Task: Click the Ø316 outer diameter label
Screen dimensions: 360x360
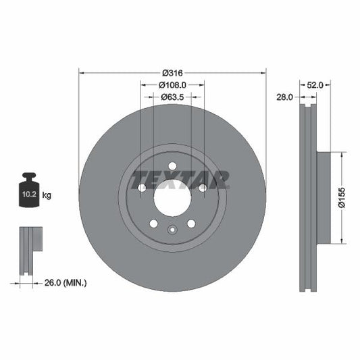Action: (172, 73)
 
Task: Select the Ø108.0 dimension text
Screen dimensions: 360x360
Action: (172, 85)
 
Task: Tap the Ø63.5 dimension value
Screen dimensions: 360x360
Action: (172, 97)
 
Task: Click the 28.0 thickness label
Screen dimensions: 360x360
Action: (284, 97)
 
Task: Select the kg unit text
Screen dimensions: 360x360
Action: (47, 195)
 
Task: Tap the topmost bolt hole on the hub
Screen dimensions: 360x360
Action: (172, 166)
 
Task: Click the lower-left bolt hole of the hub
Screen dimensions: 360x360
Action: (153, 224)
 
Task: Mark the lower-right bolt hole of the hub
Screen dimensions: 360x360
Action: (191, 224)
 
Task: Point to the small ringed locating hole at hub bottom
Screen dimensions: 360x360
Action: (172, 230)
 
